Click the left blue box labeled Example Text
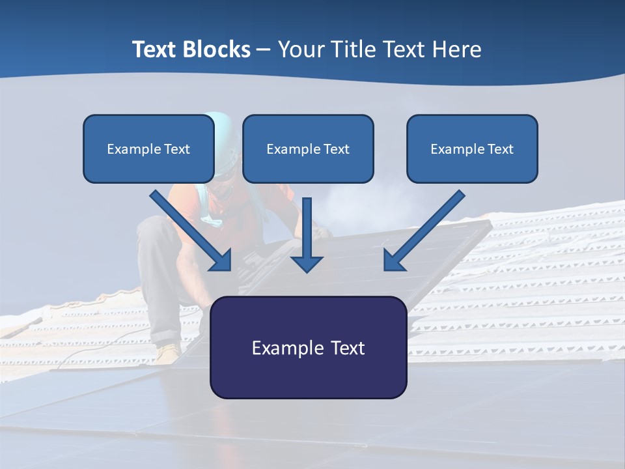tap(148, 149)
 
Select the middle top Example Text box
tap(308, 149)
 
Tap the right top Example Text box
tap(472, 149)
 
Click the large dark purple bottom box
tap(308, 347)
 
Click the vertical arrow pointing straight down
tap(307, 234)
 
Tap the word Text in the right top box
tap(499, 149)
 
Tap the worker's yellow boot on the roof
tap(168, 353)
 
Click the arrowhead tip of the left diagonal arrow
tap(229, 268)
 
